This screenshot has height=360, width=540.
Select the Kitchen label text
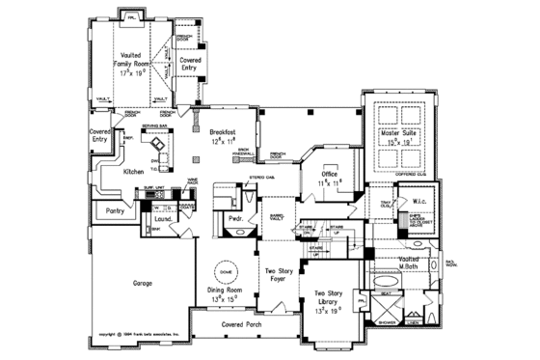coord(133,171)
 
